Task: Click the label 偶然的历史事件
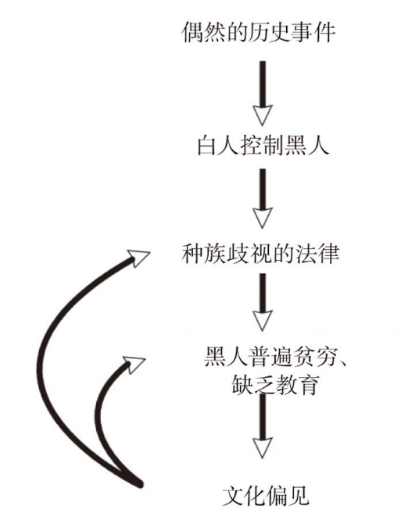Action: (259, 32)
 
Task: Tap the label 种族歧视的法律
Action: (260, 254)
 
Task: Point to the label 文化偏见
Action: (266, 496)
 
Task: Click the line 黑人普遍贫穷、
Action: (275, 357)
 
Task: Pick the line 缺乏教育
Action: (275, 384)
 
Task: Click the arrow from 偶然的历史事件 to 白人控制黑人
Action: (263, 93)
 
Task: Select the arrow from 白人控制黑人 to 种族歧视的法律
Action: (263, 198)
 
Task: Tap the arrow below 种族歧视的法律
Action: (263, 302)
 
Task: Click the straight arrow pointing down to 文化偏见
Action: (263, 426)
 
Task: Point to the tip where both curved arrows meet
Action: (140, 484)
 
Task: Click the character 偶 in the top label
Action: (193, 32)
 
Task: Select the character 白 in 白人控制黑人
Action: (208, 145)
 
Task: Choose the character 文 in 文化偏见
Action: (234, 496)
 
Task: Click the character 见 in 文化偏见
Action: (299, 496)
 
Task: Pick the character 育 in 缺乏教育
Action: (308, 384)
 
